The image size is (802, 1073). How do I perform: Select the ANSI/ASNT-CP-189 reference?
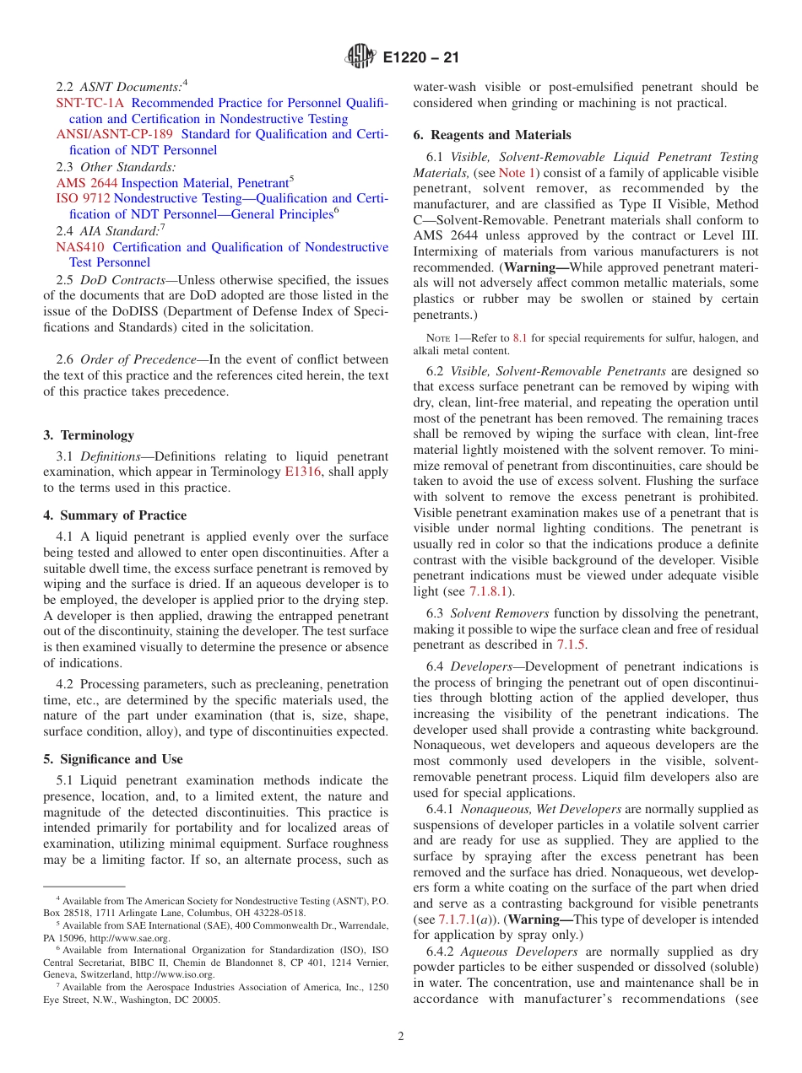(114, 134)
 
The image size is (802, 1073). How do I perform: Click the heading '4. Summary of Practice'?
(115, 515)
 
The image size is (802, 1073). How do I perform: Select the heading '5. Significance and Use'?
(112, 759)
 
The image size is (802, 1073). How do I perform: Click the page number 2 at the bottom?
(401, 1037)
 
